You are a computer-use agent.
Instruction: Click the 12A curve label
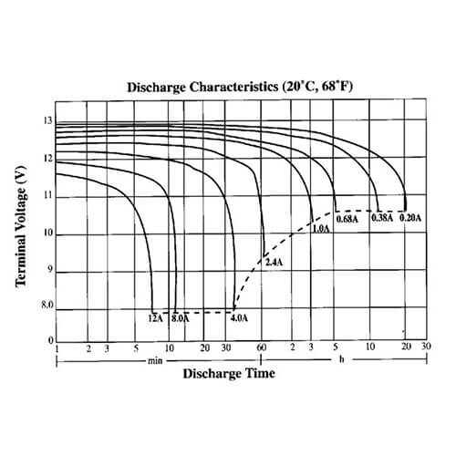coord(154,318)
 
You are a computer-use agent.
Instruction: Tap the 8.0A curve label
coord(180,318)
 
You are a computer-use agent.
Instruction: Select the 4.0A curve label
coord(239,318)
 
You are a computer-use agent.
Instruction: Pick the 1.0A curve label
coord(321,228)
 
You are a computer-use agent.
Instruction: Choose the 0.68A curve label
coord(347,219)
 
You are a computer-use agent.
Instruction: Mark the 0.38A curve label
coord(381,218)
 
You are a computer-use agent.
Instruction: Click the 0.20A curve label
coord(410,218)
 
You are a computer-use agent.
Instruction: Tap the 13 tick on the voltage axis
coord(47,121)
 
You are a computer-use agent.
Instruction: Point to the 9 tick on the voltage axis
coord(49,272)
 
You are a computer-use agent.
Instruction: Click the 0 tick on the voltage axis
coord(50,340)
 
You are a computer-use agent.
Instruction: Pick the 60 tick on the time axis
coord(261,348)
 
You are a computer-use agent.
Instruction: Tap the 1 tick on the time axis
coord(57,348)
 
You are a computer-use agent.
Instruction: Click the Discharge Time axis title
coord(228,374)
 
